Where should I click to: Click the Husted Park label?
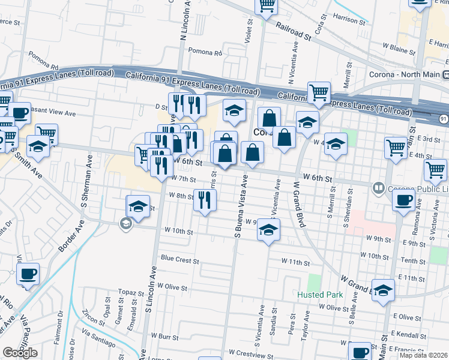coord(321,295)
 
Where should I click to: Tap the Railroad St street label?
coord(294,32)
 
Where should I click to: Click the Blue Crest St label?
coord(179,260)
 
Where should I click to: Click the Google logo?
coord(20,353)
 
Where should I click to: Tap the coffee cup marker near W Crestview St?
coord(360,352)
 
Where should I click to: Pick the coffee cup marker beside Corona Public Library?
coord(403,201)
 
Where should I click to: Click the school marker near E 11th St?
coord(383,290)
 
